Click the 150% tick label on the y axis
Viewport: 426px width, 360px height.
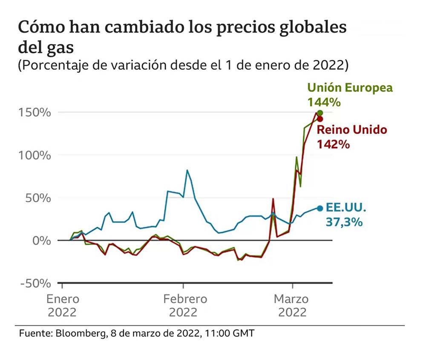tap(35, 113)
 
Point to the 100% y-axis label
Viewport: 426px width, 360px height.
tap(35, 155)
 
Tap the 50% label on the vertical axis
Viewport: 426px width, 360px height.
tap(37, 198)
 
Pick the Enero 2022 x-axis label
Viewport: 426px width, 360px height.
tap(62, 306)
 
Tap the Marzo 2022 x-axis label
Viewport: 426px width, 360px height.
tap(293, 306)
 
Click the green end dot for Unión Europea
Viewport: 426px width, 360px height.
tap(320, 113)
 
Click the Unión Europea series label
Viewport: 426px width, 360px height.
tap(350, 88)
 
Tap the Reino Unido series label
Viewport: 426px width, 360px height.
tap(352, 130)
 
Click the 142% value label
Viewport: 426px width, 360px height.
tap(334, 144)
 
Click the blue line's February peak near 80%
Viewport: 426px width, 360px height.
tap(187, 170)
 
